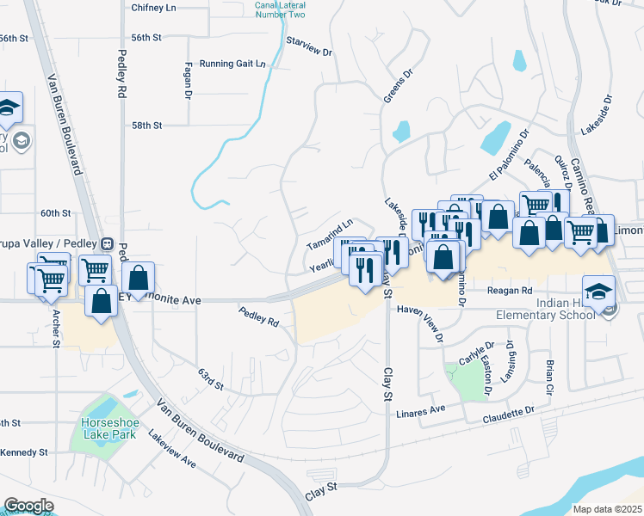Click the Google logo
coord(28,506)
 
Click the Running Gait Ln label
coord(232,64)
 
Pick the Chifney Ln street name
coord(153,7)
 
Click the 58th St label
coord(146,125)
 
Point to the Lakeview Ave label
coord(172,450)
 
